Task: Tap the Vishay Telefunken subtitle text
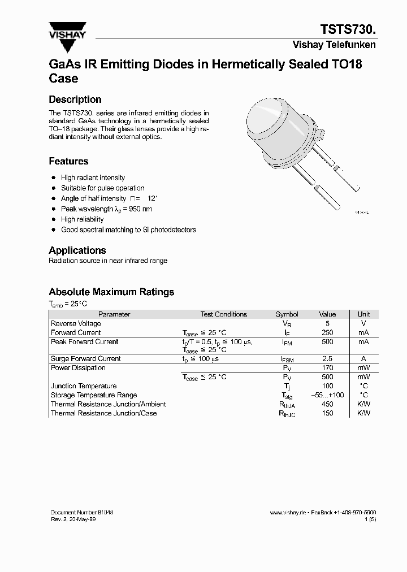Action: (x=334, y=45)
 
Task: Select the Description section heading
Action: (x=75, y=99)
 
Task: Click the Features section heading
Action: (x=68, y=161)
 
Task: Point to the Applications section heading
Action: (x=77, y=250)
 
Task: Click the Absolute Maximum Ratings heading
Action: (x=111, y=292)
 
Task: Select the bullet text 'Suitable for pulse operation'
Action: (x=102, y=188)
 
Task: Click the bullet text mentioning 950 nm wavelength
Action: (x=106, y=209)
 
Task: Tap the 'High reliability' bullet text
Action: (x=82, y=219)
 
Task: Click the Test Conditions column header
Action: (x=223, y=314)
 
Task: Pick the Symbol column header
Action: (x=287, y=314)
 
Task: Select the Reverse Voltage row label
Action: (x=76, y=324)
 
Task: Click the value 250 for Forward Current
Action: (x=327, y=333)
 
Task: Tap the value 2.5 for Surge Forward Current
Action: (x=327, y=359)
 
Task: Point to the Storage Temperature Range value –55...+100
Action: (x=327, y=395)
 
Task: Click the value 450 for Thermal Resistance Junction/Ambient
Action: (x=327, y=404)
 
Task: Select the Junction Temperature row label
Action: (x=84, y=386)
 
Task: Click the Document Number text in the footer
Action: (x=82, y=512)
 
